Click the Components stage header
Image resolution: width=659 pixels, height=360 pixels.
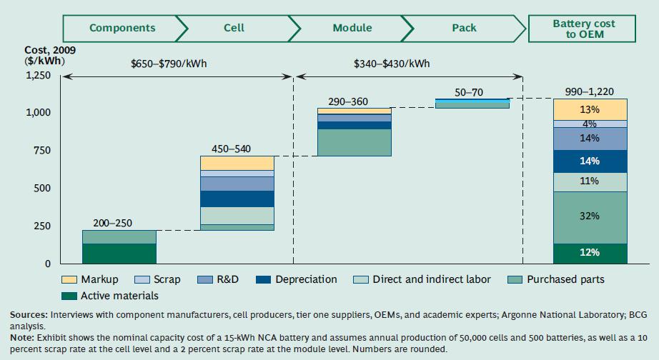point(122,28)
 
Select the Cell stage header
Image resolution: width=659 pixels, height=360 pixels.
point(234,28)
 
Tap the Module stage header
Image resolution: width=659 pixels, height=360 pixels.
point(352,28)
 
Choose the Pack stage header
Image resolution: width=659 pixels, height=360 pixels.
point(464,28)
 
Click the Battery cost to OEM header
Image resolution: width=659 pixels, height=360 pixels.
point(583,29)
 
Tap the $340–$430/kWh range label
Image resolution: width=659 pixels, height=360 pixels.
point(392,64)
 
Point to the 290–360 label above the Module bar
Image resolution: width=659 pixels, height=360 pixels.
point(348,102)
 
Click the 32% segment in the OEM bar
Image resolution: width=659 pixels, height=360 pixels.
point(590,217)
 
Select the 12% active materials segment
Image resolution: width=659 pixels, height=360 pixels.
point(590,253)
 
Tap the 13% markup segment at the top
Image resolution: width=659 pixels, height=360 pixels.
point(590,109)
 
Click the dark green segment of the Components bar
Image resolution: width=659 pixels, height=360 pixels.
point(119,254)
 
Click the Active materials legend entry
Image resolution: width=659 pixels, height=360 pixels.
point(118,296)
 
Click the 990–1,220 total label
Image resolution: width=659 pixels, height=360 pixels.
point(589,91)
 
